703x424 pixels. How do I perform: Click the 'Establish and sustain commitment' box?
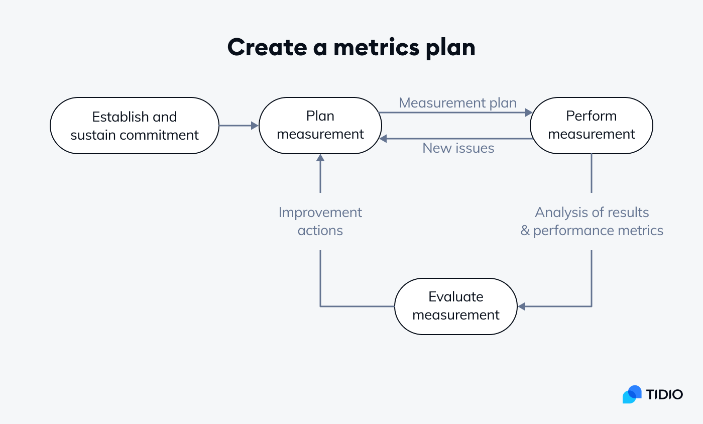click(135, 126)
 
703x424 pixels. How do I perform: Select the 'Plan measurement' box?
click(320, 126)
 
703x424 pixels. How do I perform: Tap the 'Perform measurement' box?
click(592, 126)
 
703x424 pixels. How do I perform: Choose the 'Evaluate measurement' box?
click(456, 306)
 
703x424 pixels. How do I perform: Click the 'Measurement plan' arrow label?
click(457, 103)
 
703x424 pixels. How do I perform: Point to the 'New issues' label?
click(458, 148)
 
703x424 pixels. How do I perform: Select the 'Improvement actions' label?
click(320, 222)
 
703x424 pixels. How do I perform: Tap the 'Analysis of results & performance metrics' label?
click(592, 222)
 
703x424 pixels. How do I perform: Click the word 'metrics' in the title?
click(376, 47)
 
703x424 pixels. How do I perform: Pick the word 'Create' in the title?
click(267, 47)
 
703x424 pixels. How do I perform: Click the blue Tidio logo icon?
click(632, 394)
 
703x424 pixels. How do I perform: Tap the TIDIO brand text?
click(664, 394)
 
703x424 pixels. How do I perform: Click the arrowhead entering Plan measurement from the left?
click(255, 126)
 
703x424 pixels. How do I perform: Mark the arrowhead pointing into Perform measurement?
click(529, 113)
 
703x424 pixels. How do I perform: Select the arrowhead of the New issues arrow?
click(383, 139)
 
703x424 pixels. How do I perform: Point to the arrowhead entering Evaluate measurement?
click(521, 306)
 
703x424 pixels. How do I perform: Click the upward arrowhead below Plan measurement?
click(320, 158)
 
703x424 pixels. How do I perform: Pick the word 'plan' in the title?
click(450, 48)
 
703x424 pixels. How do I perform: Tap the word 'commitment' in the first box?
click(159, 135)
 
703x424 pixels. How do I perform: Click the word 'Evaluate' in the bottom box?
click(456, 297)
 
